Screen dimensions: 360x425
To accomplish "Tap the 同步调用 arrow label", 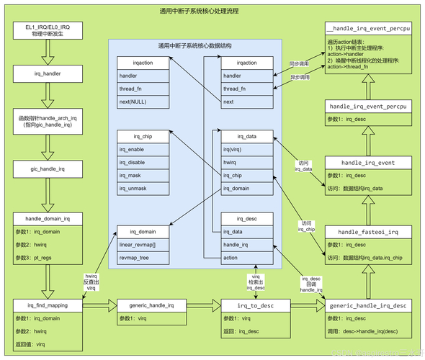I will coord(299,63).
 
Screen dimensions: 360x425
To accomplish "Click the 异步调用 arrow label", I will coord(299,76).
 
